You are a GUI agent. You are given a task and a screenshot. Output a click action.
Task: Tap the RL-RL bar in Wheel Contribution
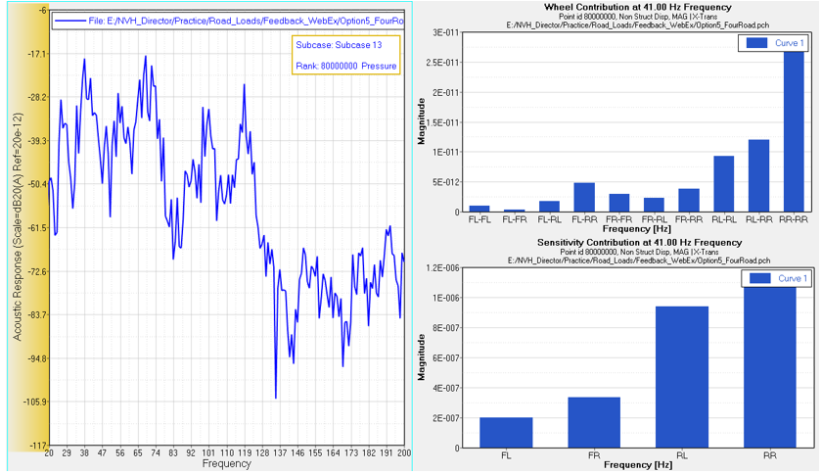click(723, 184)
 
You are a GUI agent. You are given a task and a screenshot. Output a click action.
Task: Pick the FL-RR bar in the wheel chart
click(583, 197)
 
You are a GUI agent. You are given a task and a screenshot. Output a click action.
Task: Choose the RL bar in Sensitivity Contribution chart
click(680, 377)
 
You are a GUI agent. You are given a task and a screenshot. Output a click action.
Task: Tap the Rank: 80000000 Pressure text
click(345, 67)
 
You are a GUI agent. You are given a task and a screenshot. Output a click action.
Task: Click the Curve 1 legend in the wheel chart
click(774, 43)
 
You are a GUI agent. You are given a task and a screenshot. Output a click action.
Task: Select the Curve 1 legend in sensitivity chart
click(774, 279)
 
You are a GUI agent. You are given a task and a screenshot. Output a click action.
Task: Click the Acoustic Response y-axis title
click(17, 227)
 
